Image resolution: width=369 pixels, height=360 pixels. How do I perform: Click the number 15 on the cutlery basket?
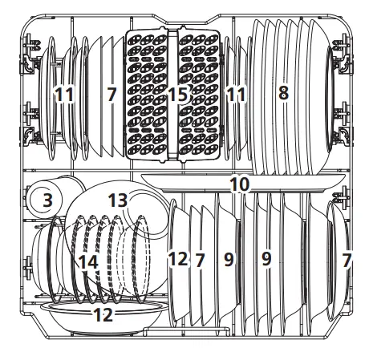point(177,95)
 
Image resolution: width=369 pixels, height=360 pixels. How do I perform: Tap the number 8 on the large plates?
point(282,93)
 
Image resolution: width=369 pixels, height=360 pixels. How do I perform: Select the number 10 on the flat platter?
point(239,184)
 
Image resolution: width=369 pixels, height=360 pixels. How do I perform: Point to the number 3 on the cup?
point(48,200)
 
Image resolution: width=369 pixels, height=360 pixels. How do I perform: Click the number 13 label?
point(118,198)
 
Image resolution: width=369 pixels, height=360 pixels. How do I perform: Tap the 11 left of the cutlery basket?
point(64,95)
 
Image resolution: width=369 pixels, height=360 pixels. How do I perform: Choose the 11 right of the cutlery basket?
point(236,95)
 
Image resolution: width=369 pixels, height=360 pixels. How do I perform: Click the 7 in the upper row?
point(112,95)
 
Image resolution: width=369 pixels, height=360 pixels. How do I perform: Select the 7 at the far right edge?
point(347,260)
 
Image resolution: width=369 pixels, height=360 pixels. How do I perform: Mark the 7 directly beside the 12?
point(201,260)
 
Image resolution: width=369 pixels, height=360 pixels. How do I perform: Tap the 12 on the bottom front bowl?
point(103,315)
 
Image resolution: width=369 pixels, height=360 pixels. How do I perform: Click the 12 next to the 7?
point(177,260)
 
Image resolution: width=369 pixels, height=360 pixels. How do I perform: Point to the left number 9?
point(229,260)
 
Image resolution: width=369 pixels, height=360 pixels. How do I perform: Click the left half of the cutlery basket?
point(149,120)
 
